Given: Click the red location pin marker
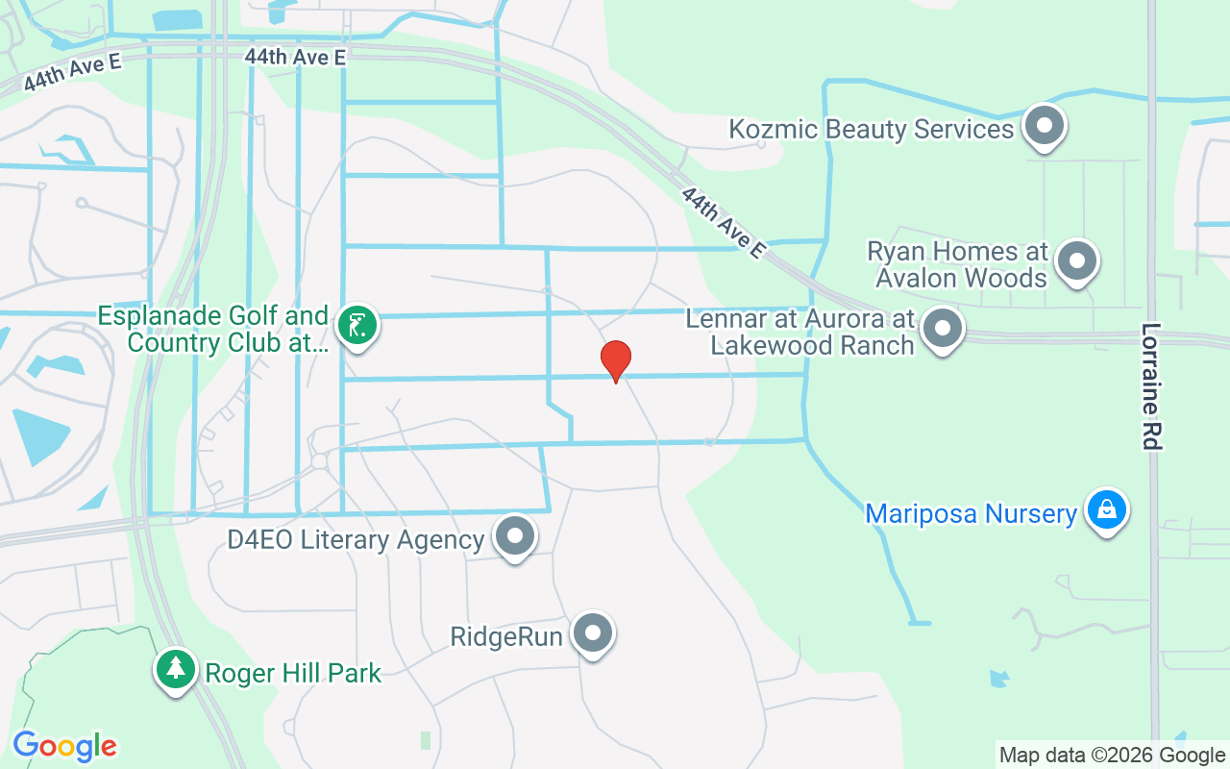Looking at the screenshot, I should (x=615, y=361).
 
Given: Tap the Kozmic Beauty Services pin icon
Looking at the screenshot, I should (x=1043, y=126).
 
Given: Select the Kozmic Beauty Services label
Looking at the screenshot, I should (x=872, y=129).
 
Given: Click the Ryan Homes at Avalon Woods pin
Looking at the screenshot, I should (x=1076, y=260).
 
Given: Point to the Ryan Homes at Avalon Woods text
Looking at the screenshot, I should (x=957, y=265).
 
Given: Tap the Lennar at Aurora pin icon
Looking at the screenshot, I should (x=943, y=329).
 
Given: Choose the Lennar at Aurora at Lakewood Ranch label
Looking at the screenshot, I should (x=799, y=332).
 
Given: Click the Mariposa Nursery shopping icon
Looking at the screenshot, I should (x=1106, y=509).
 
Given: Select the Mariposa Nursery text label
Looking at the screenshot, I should (x=971, y=513).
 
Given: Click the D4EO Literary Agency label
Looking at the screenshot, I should (x=356, y=539).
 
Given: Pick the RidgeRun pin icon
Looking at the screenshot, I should (x=593, y=633).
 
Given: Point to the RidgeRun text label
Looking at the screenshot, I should (x=506, y=636).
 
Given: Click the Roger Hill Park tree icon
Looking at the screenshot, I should (x=175, y=669).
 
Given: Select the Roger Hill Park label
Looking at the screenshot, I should (x=293, y=673).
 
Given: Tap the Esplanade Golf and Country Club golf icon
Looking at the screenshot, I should (x=357, y=325).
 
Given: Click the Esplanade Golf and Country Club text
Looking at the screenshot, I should (x=213, y=329).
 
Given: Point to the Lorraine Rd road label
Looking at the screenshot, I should (x=1152, y=385).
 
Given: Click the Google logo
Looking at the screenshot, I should (x=64, y=746).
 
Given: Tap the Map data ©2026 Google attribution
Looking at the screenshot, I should (x=1111, y=756).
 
